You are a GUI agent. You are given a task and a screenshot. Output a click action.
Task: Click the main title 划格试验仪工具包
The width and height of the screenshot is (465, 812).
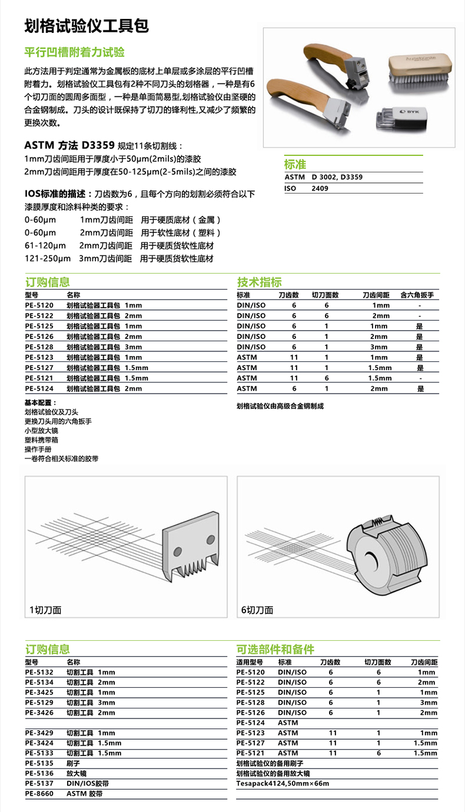(86, 26)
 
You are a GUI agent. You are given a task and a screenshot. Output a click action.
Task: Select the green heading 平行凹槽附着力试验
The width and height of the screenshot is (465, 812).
(74, 52)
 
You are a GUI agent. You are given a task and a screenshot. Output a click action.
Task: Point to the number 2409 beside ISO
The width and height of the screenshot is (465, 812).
(320, 188)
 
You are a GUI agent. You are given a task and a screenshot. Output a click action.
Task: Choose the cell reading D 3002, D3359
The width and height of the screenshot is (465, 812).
(337, 177)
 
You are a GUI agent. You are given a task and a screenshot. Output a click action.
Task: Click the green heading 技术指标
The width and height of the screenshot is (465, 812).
(259, 281)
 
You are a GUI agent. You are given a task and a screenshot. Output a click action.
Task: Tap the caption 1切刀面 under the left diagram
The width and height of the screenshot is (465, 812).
(45, 610)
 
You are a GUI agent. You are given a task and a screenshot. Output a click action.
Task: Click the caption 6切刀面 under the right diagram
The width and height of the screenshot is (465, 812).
(257, 610)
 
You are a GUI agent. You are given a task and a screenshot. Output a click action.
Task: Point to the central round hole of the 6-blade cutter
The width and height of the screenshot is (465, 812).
(371, 559)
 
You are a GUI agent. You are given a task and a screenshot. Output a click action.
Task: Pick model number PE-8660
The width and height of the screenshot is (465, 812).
(39, 793)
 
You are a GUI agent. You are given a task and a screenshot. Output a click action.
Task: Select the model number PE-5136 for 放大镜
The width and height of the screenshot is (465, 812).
(39, 773)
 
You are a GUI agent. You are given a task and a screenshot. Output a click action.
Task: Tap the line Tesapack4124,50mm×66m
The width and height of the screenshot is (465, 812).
(283, 783)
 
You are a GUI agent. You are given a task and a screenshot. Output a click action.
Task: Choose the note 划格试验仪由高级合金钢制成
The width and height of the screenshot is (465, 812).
(280, 406)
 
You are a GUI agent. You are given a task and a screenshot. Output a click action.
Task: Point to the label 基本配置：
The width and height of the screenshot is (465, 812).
(38, 402)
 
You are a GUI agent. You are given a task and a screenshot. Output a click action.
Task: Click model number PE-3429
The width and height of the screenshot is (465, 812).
(39, 733)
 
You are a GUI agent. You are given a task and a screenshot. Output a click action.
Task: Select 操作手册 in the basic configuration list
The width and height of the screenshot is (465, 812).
(38, 449)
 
